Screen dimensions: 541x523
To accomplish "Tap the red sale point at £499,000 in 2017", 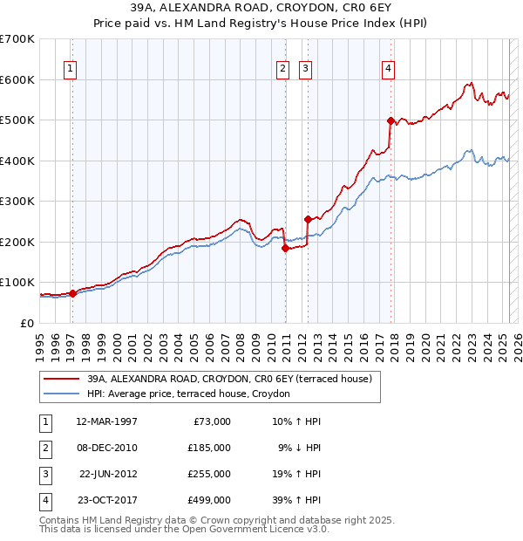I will pyautogui.click(x=391, y=120).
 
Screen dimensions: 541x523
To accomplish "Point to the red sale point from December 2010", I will pyautogui.click(x=285, y=248).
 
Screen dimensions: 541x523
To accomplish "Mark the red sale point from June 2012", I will pyautogui.click(x=308, y=220).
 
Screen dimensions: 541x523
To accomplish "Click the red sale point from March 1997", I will pyautogui.click(x=72, y=293).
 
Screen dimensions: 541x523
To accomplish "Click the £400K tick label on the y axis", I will pyautogui.click(x=17, y=161).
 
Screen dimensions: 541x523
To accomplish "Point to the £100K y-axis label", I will pyautogui.click(x=17, y=283).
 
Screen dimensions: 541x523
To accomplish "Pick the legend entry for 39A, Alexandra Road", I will pyautogui.click(x=229, y=379).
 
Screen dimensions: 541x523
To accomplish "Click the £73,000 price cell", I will pyautogui.click(x=209, y=421).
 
